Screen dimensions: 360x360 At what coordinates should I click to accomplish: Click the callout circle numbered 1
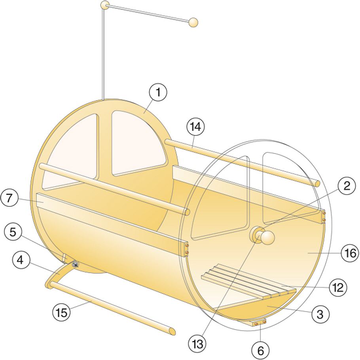[158, 92]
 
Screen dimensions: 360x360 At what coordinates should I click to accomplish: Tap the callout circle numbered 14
[195, 127]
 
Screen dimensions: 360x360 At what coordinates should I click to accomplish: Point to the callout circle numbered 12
[338, 287]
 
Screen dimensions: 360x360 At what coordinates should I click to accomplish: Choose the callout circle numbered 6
[260, 350]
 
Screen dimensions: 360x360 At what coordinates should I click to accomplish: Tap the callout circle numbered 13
[198, 343]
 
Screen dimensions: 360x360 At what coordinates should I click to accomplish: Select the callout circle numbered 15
[62, 312]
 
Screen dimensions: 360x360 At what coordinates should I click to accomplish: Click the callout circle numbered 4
[20, 260]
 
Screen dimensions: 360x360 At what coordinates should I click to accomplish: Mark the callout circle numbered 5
[13, 232]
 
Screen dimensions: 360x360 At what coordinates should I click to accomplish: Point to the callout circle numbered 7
[9, 198]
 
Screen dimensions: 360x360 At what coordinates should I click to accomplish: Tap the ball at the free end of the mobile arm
[193, 22]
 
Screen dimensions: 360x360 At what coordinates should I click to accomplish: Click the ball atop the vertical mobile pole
[105, 5]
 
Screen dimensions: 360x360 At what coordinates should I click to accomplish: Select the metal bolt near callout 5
[75, 265]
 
